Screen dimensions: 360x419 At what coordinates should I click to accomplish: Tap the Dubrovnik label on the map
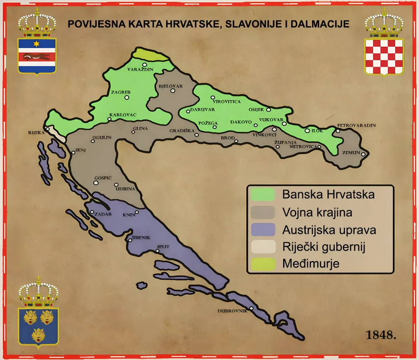(232, 311)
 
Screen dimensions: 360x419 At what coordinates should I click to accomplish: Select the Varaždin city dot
(144, 65)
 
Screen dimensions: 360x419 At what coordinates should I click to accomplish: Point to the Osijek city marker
(268, 110)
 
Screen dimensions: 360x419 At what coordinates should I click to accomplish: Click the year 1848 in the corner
(381, 335)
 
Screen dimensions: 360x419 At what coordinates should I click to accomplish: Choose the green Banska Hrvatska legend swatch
(262, 194)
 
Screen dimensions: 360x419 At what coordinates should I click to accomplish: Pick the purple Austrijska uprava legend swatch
(262, 229)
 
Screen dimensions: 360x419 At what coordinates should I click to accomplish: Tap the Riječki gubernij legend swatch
(262, 247)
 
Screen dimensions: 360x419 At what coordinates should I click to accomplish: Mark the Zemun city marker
(363, 154)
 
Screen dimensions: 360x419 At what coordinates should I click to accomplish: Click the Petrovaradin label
(356, 125)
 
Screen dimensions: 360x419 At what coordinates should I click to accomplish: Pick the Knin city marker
(137, 212)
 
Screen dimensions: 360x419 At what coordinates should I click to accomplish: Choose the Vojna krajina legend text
(317, 212)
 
